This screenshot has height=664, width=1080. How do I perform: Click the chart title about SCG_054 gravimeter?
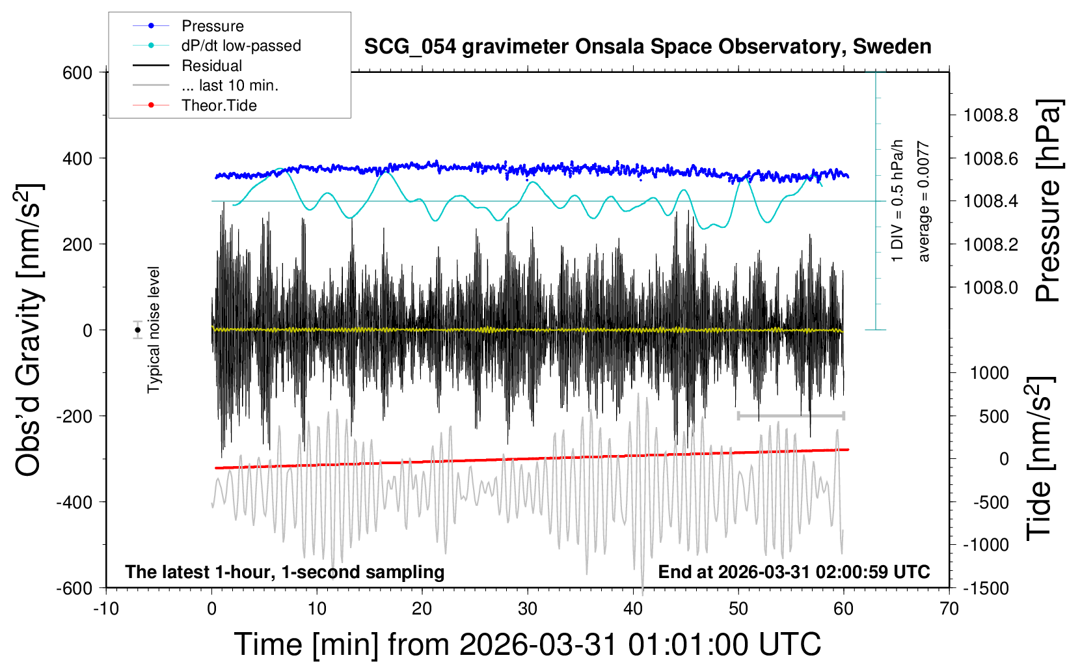click(647, 47)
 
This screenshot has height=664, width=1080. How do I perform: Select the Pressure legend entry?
click(212, 26)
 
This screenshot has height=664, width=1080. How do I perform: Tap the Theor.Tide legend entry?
click(219, 105)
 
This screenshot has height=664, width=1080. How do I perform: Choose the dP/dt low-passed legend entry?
click(241, 46)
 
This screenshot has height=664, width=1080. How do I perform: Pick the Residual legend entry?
click(211, 66)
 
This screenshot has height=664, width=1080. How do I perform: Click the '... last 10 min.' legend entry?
click(230, 85)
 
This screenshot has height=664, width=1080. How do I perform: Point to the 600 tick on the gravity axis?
click(77, 73)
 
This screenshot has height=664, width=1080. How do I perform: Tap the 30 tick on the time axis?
click(528, 609)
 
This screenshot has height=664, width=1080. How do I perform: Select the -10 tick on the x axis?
click(106, 609)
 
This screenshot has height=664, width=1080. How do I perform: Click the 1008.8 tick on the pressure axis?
click(991, 116)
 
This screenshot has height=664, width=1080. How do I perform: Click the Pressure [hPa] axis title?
click(1047, 201)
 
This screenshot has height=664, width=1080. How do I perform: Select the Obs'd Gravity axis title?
click(29, 330)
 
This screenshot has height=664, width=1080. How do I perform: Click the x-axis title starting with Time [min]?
click(528, 644)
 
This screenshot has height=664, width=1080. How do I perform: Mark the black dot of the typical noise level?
click(138, 330)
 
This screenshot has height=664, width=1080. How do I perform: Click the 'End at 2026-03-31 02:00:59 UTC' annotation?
click(794, 572)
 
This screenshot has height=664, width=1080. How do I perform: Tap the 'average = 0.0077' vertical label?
click(924, 202)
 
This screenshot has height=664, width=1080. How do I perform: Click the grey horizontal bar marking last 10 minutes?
click(790, 415)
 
